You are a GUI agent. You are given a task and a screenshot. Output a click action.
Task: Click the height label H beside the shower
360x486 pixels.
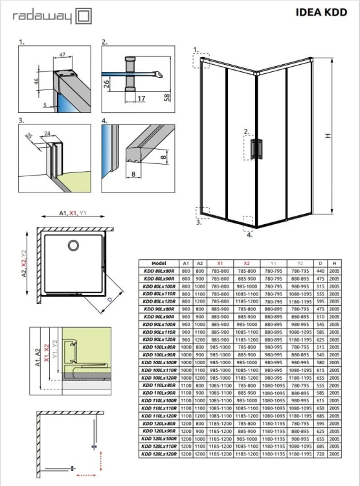click(328, 135)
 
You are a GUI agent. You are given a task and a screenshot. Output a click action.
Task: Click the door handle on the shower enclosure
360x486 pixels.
click(260, 148)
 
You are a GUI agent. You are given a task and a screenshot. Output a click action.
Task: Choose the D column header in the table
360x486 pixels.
click(321, 264)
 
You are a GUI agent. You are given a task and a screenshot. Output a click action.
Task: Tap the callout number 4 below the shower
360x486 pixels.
click(249, 235)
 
